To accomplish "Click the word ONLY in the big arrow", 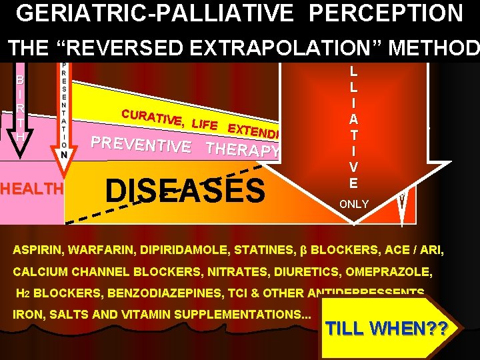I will tap(353, 204).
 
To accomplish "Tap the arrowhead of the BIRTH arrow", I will tap(22, 149).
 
